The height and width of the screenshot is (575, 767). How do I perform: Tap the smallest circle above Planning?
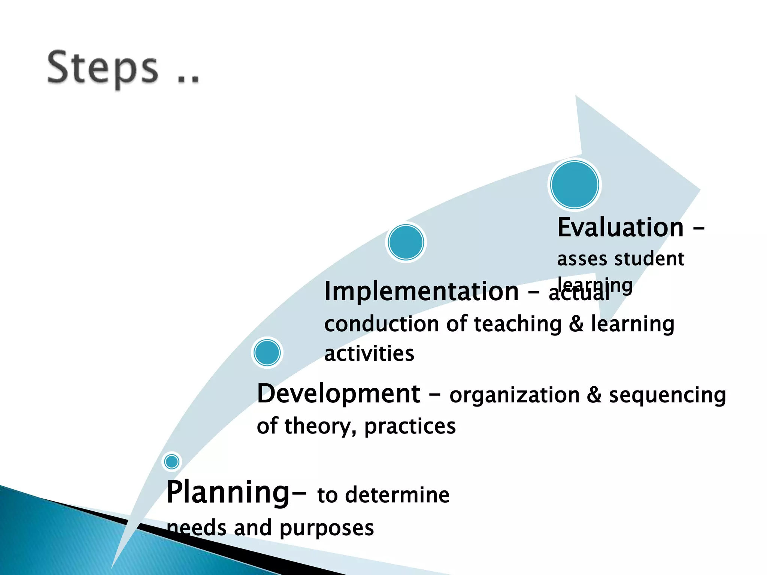pyautogui.click(x=172, y=461)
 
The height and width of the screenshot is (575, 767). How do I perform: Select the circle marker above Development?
pyautogui.click(x=267, y=353)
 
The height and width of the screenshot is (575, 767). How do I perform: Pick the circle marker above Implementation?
pyautogui.click(x=406, y=242)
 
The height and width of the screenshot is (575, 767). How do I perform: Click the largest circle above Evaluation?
pyautogui.click(x=575, y=185)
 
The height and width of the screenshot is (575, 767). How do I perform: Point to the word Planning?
pyautogui.click(x=228, y=493)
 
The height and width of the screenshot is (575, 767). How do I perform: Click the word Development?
pyautogui.click(x=339, y=394)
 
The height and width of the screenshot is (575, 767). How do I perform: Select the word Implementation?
pyautogui.click(x=421, y=291)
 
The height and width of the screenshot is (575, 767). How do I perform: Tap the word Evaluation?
pyautogui.click(x=621, y=227)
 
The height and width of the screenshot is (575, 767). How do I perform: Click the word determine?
pyautogui.click(x=397, y=495)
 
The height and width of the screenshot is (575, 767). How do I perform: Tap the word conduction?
pyautogui.click(x=382, y=324)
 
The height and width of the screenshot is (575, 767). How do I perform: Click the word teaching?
pyautogui.click(x=518, y=325)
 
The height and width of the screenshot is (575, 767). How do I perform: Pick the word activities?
pyautogui.click(x=369, y=354)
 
